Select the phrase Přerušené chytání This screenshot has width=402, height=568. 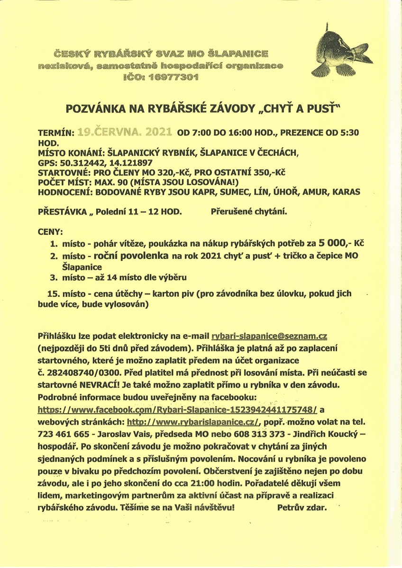pyautogui.click(x=248, y=213)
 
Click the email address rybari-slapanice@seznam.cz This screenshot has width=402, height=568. pyautogui.click(x=269, y=336)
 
